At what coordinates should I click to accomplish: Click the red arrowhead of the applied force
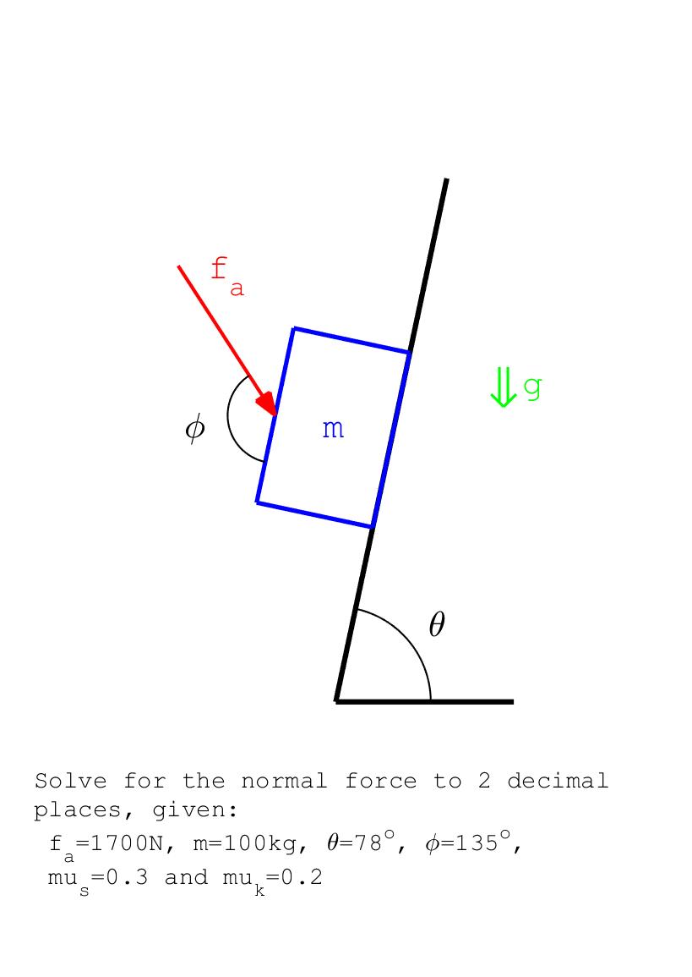click(267, 403)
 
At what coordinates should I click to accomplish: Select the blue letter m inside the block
click(333, 430)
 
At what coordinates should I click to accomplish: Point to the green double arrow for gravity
click(503, 387)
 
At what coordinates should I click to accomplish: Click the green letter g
click(532, 387)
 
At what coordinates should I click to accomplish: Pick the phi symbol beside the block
click(195, 429)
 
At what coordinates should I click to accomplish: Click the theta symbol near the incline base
click(437, 623)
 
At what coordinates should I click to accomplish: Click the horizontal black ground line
click(424, 701)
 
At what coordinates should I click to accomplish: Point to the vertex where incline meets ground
click(336, 701)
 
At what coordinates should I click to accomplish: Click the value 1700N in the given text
click(127, 843)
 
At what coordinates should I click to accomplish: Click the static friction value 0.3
click(127, 877)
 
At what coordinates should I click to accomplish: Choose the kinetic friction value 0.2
click(302, 877)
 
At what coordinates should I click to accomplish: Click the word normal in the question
click(284, 781)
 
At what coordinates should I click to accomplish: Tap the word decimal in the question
click(558, 781)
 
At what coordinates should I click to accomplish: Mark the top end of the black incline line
click(446, 179)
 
